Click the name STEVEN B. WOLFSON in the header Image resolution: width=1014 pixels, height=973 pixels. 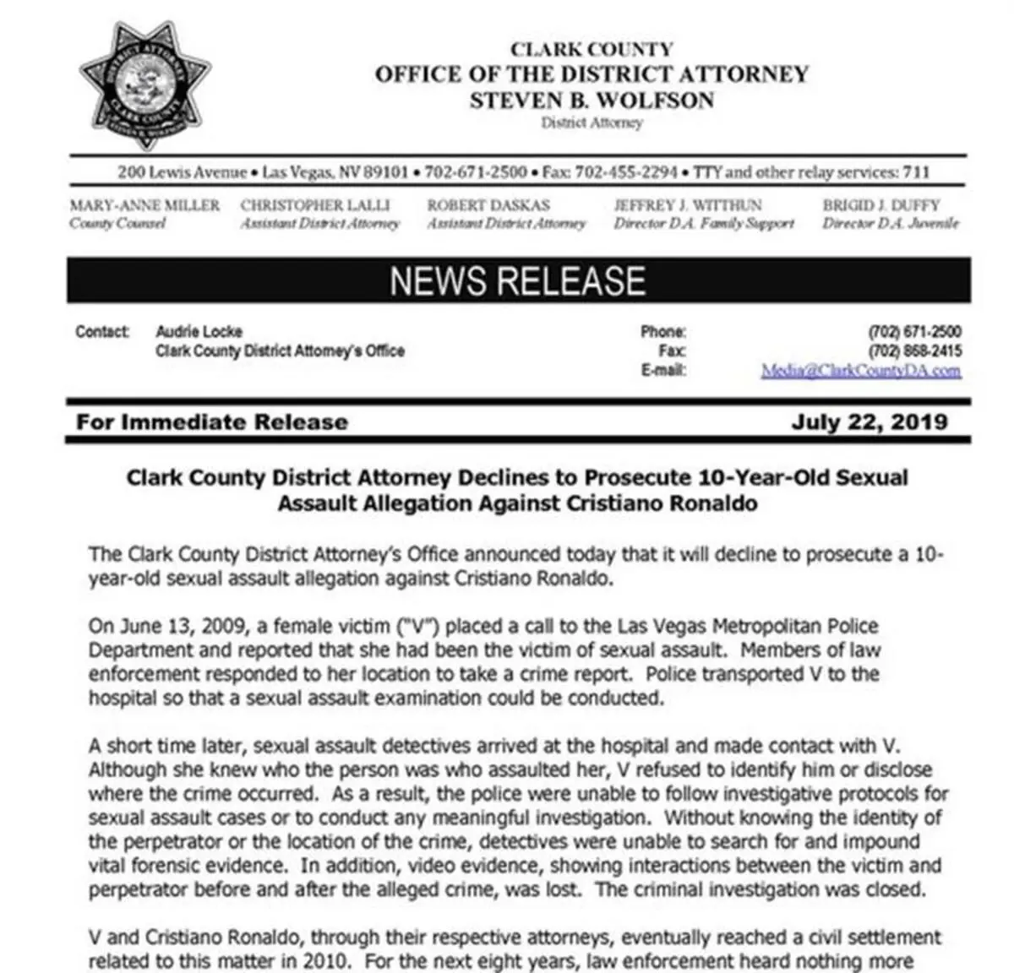click(591, 101)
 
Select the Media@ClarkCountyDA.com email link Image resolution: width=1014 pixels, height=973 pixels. click(860, 371)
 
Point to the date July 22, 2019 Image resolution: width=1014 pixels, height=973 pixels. click(869, 421)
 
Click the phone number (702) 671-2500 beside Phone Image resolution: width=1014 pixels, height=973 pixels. click(914, 332)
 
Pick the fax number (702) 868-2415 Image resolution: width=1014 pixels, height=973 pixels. click(914, 351)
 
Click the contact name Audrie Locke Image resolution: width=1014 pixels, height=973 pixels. click(199, 332)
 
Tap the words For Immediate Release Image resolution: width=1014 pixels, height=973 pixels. click(211, 421)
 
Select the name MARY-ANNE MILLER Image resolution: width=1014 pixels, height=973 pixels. click(144, 205)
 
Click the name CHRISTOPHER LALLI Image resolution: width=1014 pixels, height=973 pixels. click(315, 205)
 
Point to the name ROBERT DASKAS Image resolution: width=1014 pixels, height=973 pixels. click(488, 205)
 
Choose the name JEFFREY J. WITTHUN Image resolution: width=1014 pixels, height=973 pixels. click(687, 205)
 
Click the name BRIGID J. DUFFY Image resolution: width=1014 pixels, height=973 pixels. click(880, 205)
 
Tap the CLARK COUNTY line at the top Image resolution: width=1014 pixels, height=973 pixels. click(591, 50)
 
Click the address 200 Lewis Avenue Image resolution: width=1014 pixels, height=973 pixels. click(182, 172)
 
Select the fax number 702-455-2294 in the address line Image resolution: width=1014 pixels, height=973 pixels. click(625, 172)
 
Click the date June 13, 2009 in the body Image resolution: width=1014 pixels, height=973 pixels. click(160, 627)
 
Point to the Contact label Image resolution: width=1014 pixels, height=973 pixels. click(102, 332)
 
